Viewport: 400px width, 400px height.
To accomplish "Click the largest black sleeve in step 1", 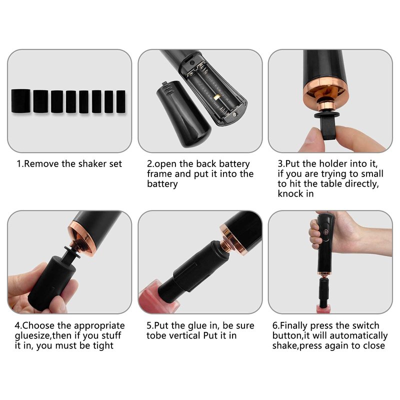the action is coord(21,101).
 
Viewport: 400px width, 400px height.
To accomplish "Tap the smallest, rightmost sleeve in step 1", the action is coord(121,101).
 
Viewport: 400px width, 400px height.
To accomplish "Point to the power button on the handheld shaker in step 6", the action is coord(326,231).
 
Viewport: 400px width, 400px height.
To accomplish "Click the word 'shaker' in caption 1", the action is coord(92,164).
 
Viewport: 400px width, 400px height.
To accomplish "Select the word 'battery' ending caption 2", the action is coord(162,184).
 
